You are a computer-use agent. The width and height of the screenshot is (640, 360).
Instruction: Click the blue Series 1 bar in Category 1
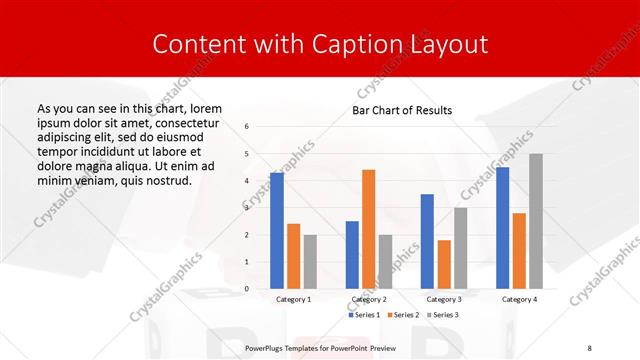[277, 231]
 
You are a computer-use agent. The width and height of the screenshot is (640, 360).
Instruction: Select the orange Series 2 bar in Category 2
[368, 229]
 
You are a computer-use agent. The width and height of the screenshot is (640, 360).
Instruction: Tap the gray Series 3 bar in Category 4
[536, 221]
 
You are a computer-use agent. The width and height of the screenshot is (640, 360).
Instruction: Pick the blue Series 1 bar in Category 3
[427, 241]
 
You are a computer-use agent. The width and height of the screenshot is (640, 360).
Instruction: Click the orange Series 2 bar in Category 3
[444, 264]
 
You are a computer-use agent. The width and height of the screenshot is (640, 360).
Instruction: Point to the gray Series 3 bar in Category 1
[310, 262]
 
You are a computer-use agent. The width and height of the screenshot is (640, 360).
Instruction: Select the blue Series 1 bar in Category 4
[502, 228]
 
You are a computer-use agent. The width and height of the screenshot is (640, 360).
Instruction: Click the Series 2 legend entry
[403, 315]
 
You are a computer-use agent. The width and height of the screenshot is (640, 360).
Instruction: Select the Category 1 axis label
[293, 299]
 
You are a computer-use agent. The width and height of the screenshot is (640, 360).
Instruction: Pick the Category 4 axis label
[519, 299]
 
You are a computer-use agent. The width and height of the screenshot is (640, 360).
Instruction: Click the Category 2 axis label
[368, 299]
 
